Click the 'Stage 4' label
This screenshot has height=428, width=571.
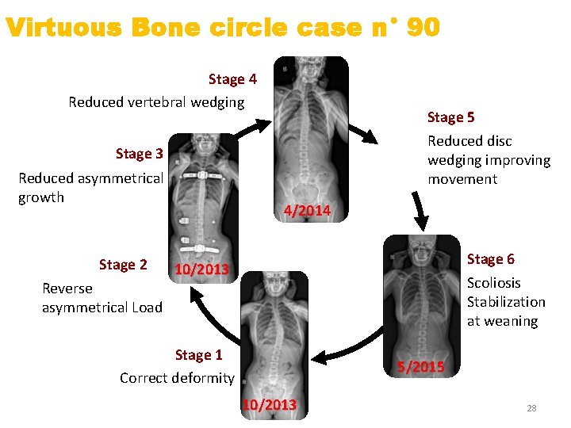point(232,79)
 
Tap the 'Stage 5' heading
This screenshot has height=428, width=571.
point(450,118)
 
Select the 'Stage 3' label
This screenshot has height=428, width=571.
point(139,154)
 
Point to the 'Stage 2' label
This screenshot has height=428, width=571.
point(123,265)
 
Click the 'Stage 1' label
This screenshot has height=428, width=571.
point(198,355)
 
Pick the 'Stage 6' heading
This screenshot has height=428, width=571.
point(490,259)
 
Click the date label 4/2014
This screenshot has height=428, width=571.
point(307,211)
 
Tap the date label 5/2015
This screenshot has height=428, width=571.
point(421,367)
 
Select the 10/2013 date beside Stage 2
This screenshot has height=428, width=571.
point(201,269)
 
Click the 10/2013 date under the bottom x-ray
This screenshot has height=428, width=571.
point(270,405)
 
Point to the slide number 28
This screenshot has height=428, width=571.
point(531,408)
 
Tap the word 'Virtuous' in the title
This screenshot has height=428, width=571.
point(63,28)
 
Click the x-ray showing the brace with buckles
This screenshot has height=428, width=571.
point(204,194)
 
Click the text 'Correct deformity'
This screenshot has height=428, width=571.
point(177,378)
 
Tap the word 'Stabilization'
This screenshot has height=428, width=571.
point(506,302)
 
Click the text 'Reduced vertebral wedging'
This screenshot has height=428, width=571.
point(156,102)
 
